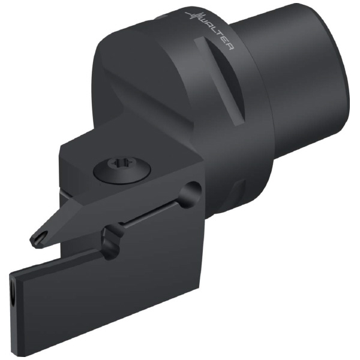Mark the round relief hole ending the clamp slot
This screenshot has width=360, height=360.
(190, 193)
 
